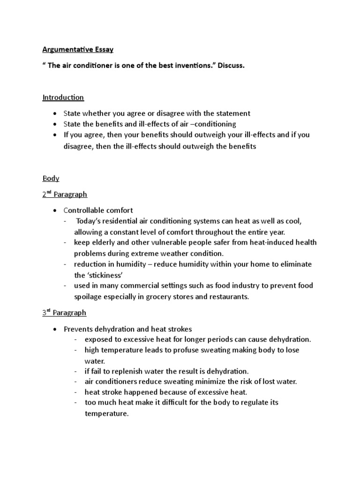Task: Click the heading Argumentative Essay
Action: pyautogui.click(x=78, y=49)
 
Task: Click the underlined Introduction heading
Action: pyautogui.click(x=63, y=97)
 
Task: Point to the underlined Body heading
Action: pyautogui.click(x=51, y=179)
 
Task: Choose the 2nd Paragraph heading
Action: pyautogui.click(x=65, y=194)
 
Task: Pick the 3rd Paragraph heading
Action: pyautogui.click(x=64, y=313)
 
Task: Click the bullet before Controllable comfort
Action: pyautogui.click(x=55, y=210)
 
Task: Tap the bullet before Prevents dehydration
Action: pyautogui.click(x=55, y=329)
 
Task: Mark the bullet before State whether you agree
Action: pyautogui.click(x=55, y=113)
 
